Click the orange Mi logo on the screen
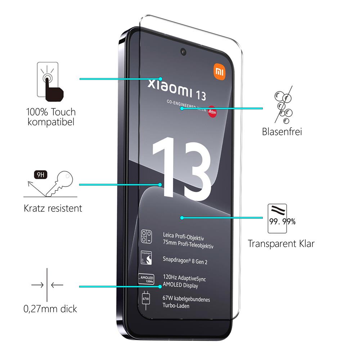tap(219, 72)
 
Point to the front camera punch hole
tap(184, 51)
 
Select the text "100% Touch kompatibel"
tap(51, 117)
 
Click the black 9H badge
tap(40, 176)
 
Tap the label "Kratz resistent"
tap(53, 208)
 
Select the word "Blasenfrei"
tap(282, 131)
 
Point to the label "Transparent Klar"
tap(281, 244)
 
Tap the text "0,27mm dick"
tap(50, 309)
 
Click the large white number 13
tap(181, 167)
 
